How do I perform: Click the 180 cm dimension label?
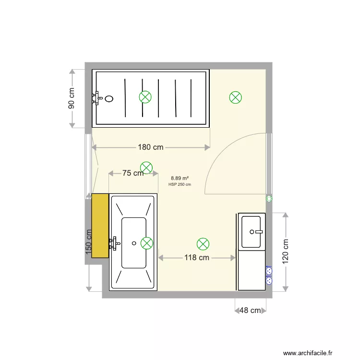coord(151,147)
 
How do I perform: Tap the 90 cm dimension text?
coord(72,98)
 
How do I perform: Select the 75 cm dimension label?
coord(132,173)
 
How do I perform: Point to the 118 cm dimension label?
coord(197,258)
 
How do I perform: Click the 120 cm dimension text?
coord(286,252)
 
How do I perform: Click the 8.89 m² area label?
coord(180,178)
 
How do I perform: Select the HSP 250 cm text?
coord(180,184)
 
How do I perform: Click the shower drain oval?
coord(109,99)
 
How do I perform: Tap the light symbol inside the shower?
coord(145,97)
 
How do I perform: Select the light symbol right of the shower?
coord(235,98)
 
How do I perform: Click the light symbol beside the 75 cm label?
coord(146,168)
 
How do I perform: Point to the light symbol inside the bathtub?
coord(147,243)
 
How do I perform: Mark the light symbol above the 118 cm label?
coord(204,244)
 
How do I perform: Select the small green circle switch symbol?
coord(269,198)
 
